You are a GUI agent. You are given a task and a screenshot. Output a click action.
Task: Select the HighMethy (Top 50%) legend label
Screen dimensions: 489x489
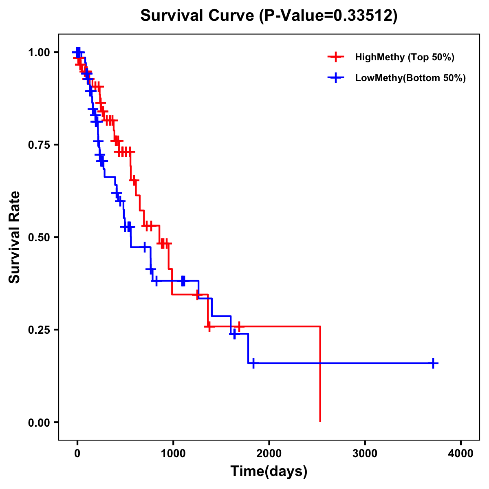[404, 57]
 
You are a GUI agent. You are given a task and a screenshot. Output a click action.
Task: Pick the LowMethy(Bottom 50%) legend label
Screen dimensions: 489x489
[410, 78]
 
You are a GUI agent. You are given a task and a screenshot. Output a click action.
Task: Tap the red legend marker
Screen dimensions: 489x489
[336, 57]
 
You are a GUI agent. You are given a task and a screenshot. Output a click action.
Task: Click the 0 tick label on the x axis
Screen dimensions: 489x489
[77, 454]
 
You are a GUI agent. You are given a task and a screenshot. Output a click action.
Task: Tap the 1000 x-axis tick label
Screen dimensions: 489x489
[173, 454]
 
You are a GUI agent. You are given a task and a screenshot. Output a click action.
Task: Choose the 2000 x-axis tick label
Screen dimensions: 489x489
[269, 454]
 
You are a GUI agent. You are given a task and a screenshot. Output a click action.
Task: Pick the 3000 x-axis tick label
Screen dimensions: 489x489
[365, 454]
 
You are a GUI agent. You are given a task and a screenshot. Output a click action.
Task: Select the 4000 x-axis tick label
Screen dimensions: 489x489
[460, 454]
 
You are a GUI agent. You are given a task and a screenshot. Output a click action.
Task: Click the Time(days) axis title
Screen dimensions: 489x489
[269, 471]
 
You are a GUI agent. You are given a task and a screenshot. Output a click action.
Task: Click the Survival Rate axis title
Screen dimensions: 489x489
[15, 237]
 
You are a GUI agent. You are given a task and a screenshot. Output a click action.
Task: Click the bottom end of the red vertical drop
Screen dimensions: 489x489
[320, 421]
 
